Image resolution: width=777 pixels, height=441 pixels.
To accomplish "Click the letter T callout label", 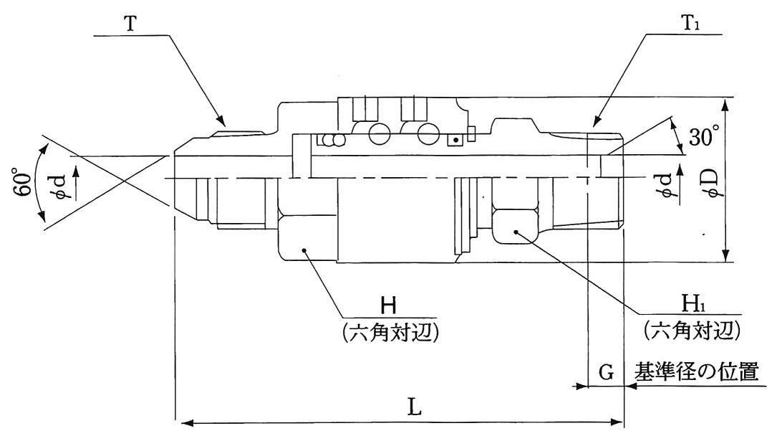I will [x=131, y=23].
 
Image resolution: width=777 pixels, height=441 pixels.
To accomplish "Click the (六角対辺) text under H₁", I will [x=691, y=331].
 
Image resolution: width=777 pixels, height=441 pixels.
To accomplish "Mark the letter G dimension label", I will [x=606, y=374].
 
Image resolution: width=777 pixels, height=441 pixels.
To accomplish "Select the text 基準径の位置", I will [x=694, y=374].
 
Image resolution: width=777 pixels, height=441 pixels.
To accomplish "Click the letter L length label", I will [x=415, y=407].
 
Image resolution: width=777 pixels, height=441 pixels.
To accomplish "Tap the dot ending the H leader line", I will [x=304, y=250].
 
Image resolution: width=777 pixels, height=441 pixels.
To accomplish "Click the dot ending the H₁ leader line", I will [x=517, y=232].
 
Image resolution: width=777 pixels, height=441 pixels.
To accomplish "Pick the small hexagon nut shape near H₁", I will [x=514, y=224].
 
